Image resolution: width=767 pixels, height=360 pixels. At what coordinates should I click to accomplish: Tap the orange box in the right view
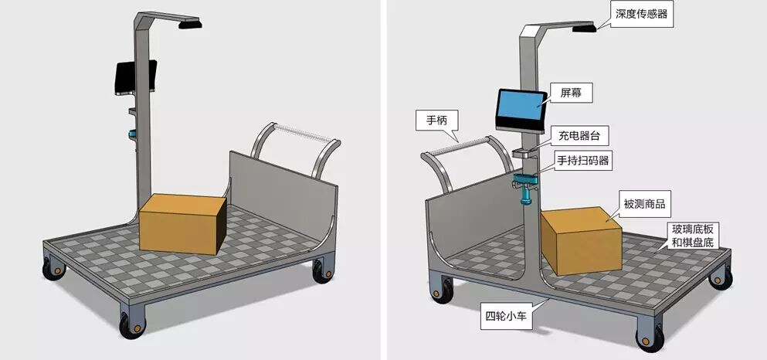[581, 239]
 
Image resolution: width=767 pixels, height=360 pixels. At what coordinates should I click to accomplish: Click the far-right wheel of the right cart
[720, 277]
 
